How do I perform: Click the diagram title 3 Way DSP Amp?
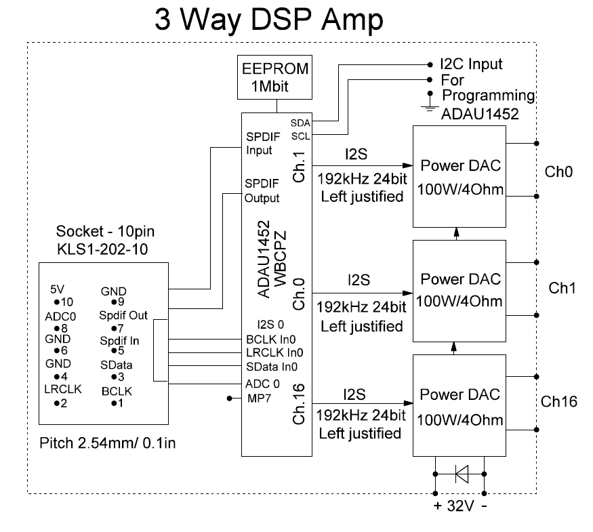coord(268,20)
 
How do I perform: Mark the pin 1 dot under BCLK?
coord(114,403)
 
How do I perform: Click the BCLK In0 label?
coord(271,339)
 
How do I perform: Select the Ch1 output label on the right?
coord(562,288)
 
